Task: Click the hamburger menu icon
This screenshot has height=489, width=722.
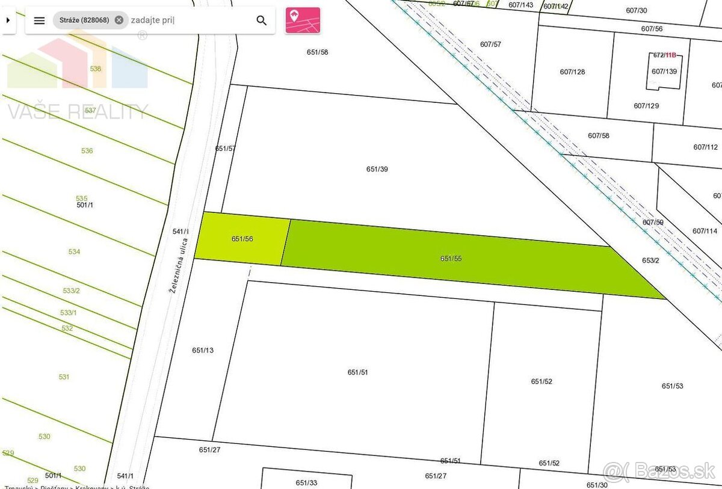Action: [39, 20]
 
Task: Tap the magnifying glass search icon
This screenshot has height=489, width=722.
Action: [261, 20]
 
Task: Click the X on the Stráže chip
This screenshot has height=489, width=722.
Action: [119, 20]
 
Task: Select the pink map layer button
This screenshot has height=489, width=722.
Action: [302, 20]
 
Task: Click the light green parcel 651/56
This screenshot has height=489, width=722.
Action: [242, 239]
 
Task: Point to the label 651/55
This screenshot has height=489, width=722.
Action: [451, 259]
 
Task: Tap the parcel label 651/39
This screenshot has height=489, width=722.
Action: [377, 169]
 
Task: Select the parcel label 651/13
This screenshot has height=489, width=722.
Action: [203, 350]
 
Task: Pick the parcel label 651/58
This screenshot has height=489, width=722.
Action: [317, 52]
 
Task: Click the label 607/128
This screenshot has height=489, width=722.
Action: [572, 72]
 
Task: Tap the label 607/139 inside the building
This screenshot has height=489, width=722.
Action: [664, 72]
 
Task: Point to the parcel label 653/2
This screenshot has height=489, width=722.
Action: [650, 260]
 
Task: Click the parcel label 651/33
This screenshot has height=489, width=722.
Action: [306, 482]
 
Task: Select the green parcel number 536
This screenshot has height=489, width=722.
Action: [87, 151]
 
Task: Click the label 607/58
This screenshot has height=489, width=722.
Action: [598, 135]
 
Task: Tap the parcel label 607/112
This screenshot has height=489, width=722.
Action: [705, 147]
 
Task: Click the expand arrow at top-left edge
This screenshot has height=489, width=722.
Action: [7, 20]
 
